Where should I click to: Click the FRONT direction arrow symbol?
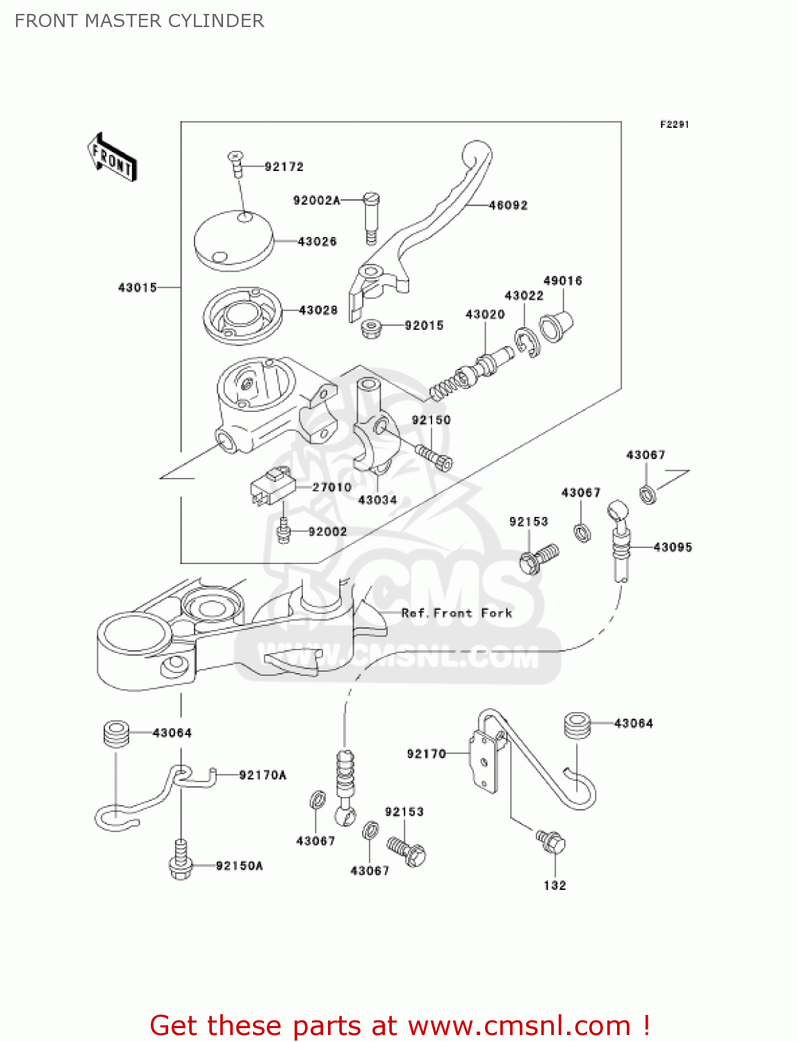click(x=112, y=158)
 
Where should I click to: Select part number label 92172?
click(x=284, y=167)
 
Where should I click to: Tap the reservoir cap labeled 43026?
click(x=233, y=240)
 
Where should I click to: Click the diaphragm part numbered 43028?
click(x=243, y=315)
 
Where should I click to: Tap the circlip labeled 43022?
click(x=527, y=342)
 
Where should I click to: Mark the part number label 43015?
click(x=138, y=288)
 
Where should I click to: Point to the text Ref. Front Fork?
click(x=457, y=613)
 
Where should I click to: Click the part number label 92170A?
click(x=263, y=775)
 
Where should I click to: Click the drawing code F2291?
click(x=674, y=124)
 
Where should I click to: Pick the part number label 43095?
click(x=673, y=547)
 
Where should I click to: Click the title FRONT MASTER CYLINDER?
click(x=140, y=21)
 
